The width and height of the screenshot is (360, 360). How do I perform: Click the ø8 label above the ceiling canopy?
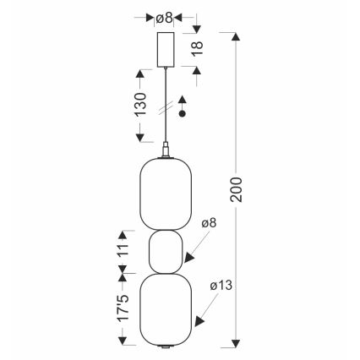coord(164,18)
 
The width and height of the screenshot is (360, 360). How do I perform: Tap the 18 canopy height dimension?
coord(198,48)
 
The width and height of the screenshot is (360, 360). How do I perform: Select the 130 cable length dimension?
coord(140,104)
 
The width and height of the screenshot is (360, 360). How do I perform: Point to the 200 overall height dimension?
coord(236,189)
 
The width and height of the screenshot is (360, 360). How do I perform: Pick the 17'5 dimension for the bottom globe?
coord(123,308)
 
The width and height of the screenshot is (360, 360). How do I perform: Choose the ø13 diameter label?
coord(221,286)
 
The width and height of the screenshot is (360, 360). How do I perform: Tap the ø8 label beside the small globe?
coord(209,223)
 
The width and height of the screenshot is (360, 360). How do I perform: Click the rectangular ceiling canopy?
coord(166,50)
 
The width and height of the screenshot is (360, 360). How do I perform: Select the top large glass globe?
coord(166,194)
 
